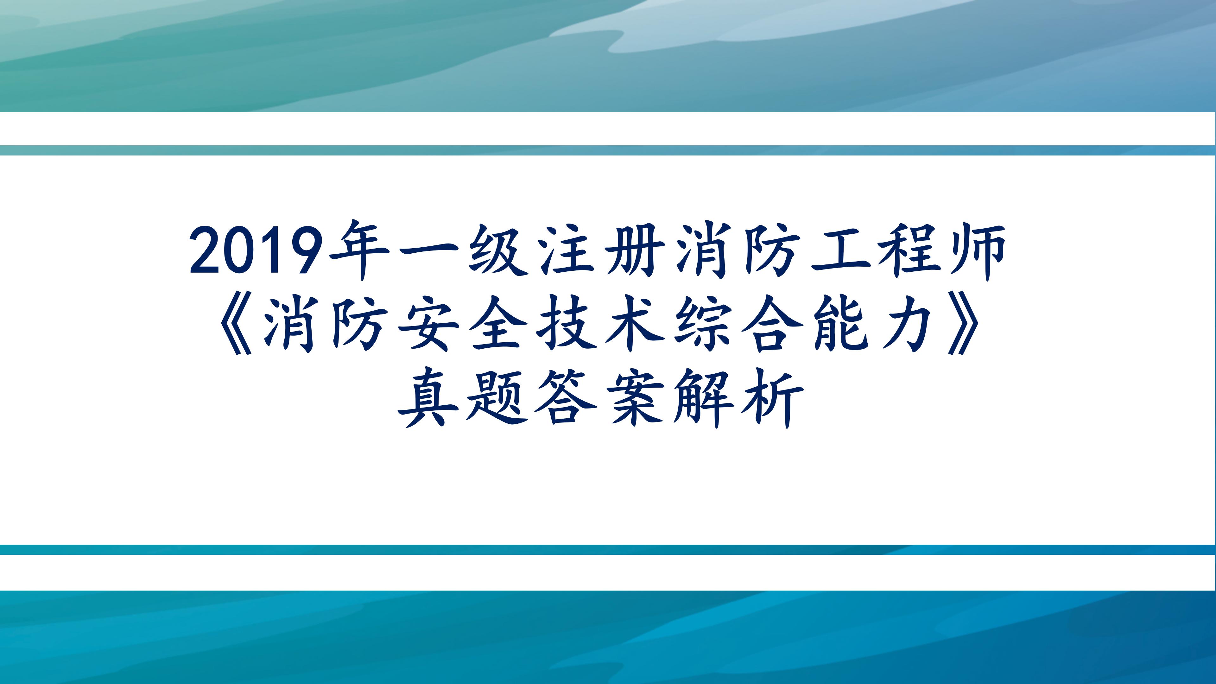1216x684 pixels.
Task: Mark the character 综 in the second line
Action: coord(703,325)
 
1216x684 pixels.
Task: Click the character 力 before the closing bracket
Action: coord(909,325)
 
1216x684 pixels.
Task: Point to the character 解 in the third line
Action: coord(703,399)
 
